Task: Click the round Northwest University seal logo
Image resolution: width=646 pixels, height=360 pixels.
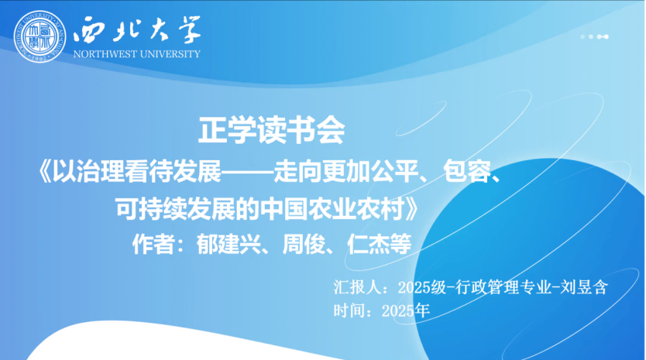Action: pyautogui.click(x=40, y=36)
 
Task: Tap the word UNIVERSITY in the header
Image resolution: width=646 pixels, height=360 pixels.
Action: pyautogui.click(x=170, y=54)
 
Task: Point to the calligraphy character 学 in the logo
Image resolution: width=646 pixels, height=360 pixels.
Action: pyautogui.click(x=186, y=29)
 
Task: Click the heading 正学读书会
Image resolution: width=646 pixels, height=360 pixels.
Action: pyautogui.click(x=272, y=130)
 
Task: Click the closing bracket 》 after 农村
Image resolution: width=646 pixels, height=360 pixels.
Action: pyautogui.click(x=411, y=209)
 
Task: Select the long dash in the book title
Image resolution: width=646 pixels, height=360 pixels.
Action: pyautogui.click(x=248, y=172)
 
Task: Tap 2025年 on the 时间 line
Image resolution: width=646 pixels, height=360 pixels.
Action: pyautogui.click(x=406, y=310)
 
